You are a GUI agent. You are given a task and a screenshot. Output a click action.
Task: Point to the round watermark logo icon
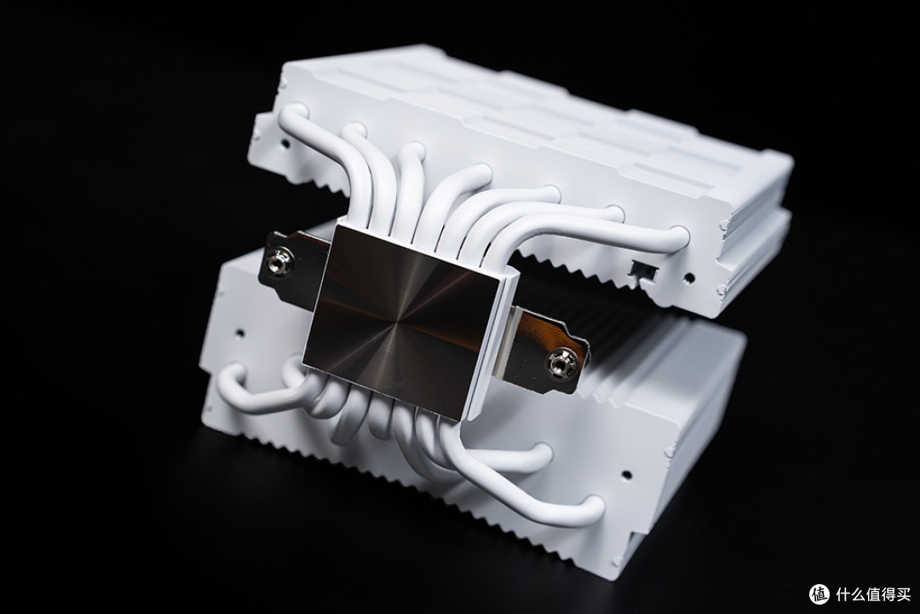[819, 594]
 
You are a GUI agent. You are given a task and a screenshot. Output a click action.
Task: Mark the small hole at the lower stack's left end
[239, 334]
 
